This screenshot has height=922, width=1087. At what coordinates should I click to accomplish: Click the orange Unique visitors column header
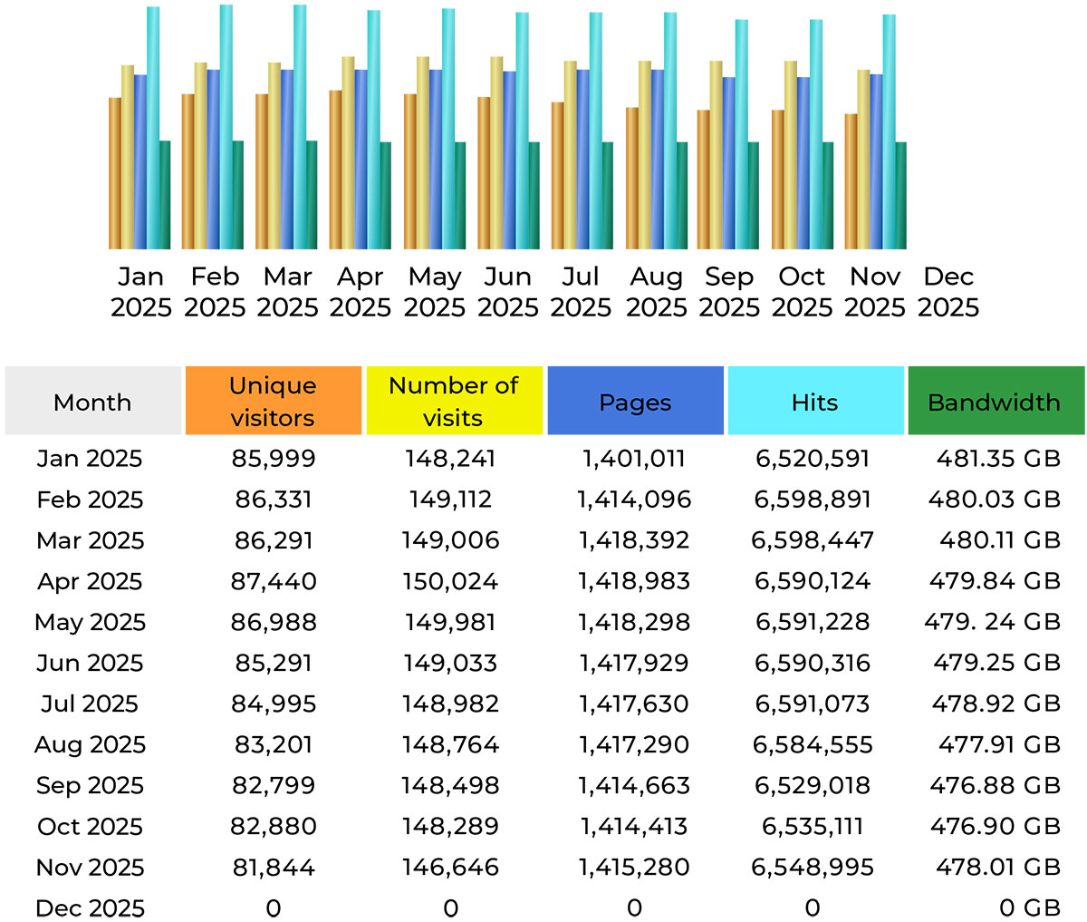[273, 401]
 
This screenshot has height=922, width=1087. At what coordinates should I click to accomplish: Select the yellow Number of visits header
[454, 401]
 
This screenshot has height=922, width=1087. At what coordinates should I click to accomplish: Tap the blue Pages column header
[635, 402]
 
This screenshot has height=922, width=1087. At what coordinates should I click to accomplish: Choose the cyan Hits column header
[815, 402]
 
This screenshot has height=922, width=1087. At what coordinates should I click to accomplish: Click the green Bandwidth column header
[995, 402]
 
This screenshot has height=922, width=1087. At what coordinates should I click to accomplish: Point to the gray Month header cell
[92, 402]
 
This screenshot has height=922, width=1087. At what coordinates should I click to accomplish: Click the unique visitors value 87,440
[274, 581]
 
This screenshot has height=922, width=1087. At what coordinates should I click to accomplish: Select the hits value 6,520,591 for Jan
[813, 459]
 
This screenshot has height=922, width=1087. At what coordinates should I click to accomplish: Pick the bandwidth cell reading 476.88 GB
[995, 785]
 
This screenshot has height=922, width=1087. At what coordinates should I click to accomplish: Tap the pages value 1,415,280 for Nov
[634, 868]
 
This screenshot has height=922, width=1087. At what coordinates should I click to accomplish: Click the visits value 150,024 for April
[451, 581]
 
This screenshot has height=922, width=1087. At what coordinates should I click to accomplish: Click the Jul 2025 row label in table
[90, 704]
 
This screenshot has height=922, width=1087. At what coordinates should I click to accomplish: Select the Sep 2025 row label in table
[90, 785]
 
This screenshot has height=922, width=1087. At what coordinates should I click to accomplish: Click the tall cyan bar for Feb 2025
[226, 127]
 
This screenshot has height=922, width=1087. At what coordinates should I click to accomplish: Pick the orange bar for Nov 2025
[851, 181]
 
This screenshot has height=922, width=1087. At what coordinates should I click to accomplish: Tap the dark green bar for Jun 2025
[534, 195]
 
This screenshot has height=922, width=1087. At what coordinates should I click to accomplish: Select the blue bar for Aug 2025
[657, 159]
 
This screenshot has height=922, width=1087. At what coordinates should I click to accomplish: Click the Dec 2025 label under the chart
[948, 292]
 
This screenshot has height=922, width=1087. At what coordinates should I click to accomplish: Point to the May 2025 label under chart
[435, 292]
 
